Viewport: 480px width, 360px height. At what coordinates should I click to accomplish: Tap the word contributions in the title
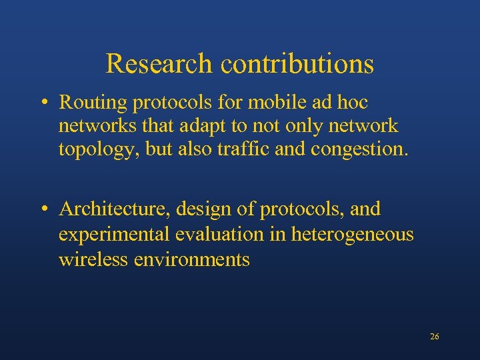click(x=297, y=64)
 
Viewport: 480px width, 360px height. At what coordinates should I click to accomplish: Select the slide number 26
click(x=435, y=337)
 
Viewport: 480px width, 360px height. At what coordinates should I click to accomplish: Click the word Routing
click(x=93, y=103)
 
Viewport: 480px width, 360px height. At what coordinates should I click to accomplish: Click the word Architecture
click(x=117, y=209)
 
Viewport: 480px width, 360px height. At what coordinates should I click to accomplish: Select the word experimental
click(x=114, y=235)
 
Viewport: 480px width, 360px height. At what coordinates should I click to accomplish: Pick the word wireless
click(x=93, y=259)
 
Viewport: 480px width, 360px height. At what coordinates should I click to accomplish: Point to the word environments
click(x=192, y=259)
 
